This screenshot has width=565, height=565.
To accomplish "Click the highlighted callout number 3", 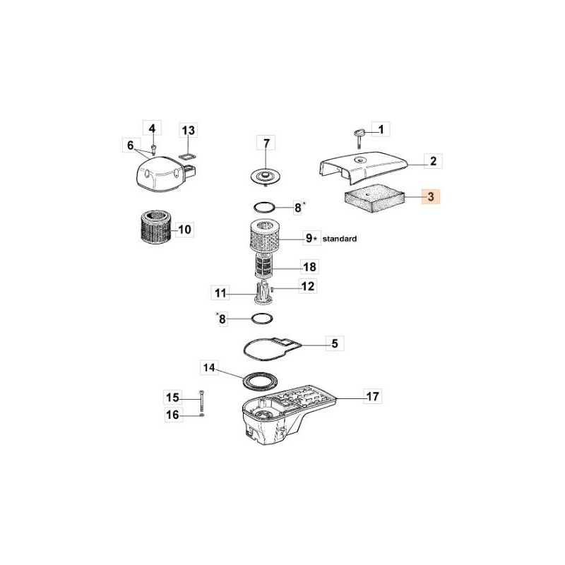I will point(430,197).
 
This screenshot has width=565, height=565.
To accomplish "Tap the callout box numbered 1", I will point(381,129).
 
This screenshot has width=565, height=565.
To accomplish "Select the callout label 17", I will point(371,396).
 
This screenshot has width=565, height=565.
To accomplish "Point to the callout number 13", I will point(188,131).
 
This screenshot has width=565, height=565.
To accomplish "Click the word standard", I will point(340,239).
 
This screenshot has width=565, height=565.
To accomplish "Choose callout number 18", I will point(309,267).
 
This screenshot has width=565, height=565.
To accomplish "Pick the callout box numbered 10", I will point(185,230).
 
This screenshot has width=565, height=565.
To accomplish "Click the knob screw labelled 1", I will point(359,133).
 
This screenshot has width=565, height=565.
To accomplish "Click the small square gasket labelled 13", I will point(187,154).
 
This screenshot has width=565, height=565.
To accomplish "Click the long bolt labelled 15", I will point(202,401).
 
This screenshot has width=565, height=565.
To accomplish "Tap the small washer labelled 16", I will point(202,415).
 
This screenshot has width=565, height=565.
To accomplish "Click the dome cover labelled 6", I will point(159,172).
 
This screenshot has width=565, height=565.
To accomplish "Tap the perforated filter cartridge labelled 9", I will point(267,239).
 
